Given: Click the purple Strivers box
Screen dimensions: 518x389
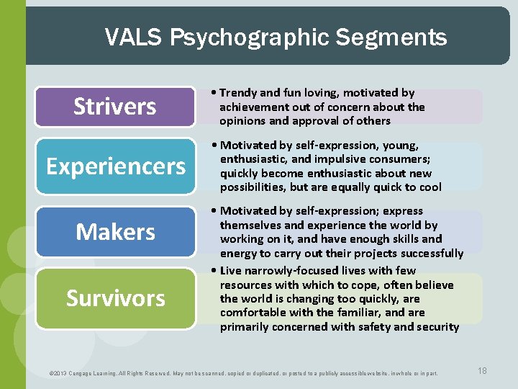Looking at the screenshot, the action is click(x=115, y=107).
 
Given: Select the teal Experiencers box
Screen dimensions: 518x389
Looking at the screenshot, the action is click(x=115, y=166).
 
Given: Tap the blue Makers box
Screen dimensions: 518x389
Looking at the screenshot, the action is click(x=115, y=232).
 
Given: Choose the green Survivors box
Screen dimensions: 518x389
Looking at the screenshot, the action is click(x=115, y=298).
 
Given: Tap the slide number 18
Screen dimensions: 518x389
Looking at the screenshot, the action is click(x=482, y=370).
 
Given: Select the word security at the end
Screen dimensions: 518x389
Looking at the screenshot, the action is click(x=434, y=326).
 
